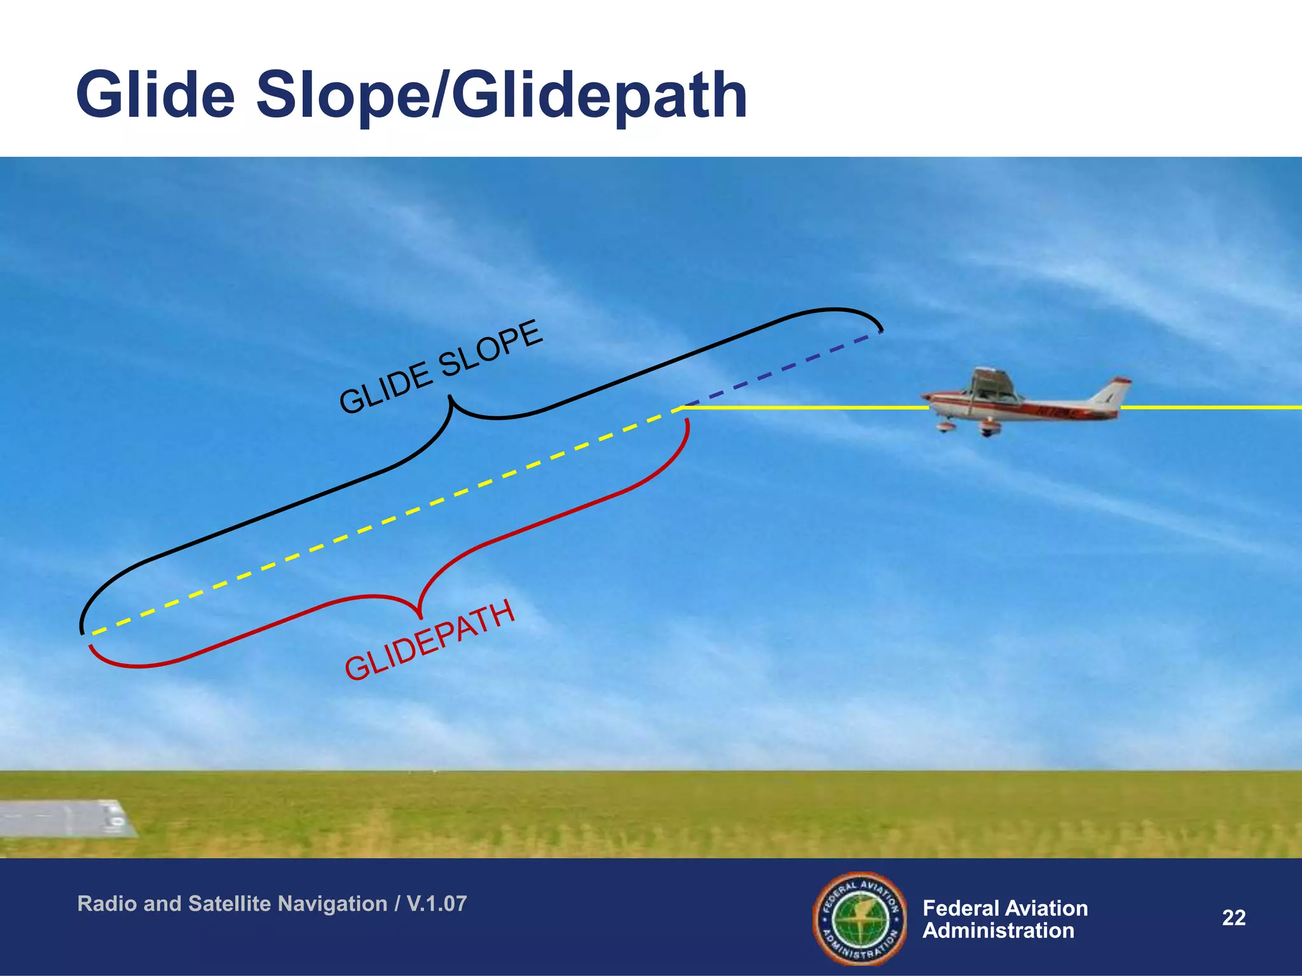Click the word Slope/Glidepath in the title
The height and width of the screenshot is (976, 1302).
coord(502,97)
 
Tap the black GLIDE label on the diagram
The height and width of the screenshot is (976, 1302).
coord(385,386)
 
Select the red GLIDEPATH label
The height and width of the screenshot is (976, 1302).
coord(430,640)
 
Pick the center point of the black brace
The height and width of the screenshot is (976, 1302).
coord(451,400)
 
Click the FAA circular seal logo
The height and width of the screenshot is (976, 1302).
coord(859,918)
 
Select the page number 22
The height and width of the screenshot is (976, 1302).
coord(1233,918)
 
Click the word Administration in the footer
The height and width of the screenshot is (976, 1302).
coord(998,931)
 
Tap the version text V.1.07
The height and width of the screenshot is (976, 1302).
coord(437,904)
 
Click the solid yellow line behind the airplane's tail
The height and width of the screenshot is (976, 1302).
coord(1208,407)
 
